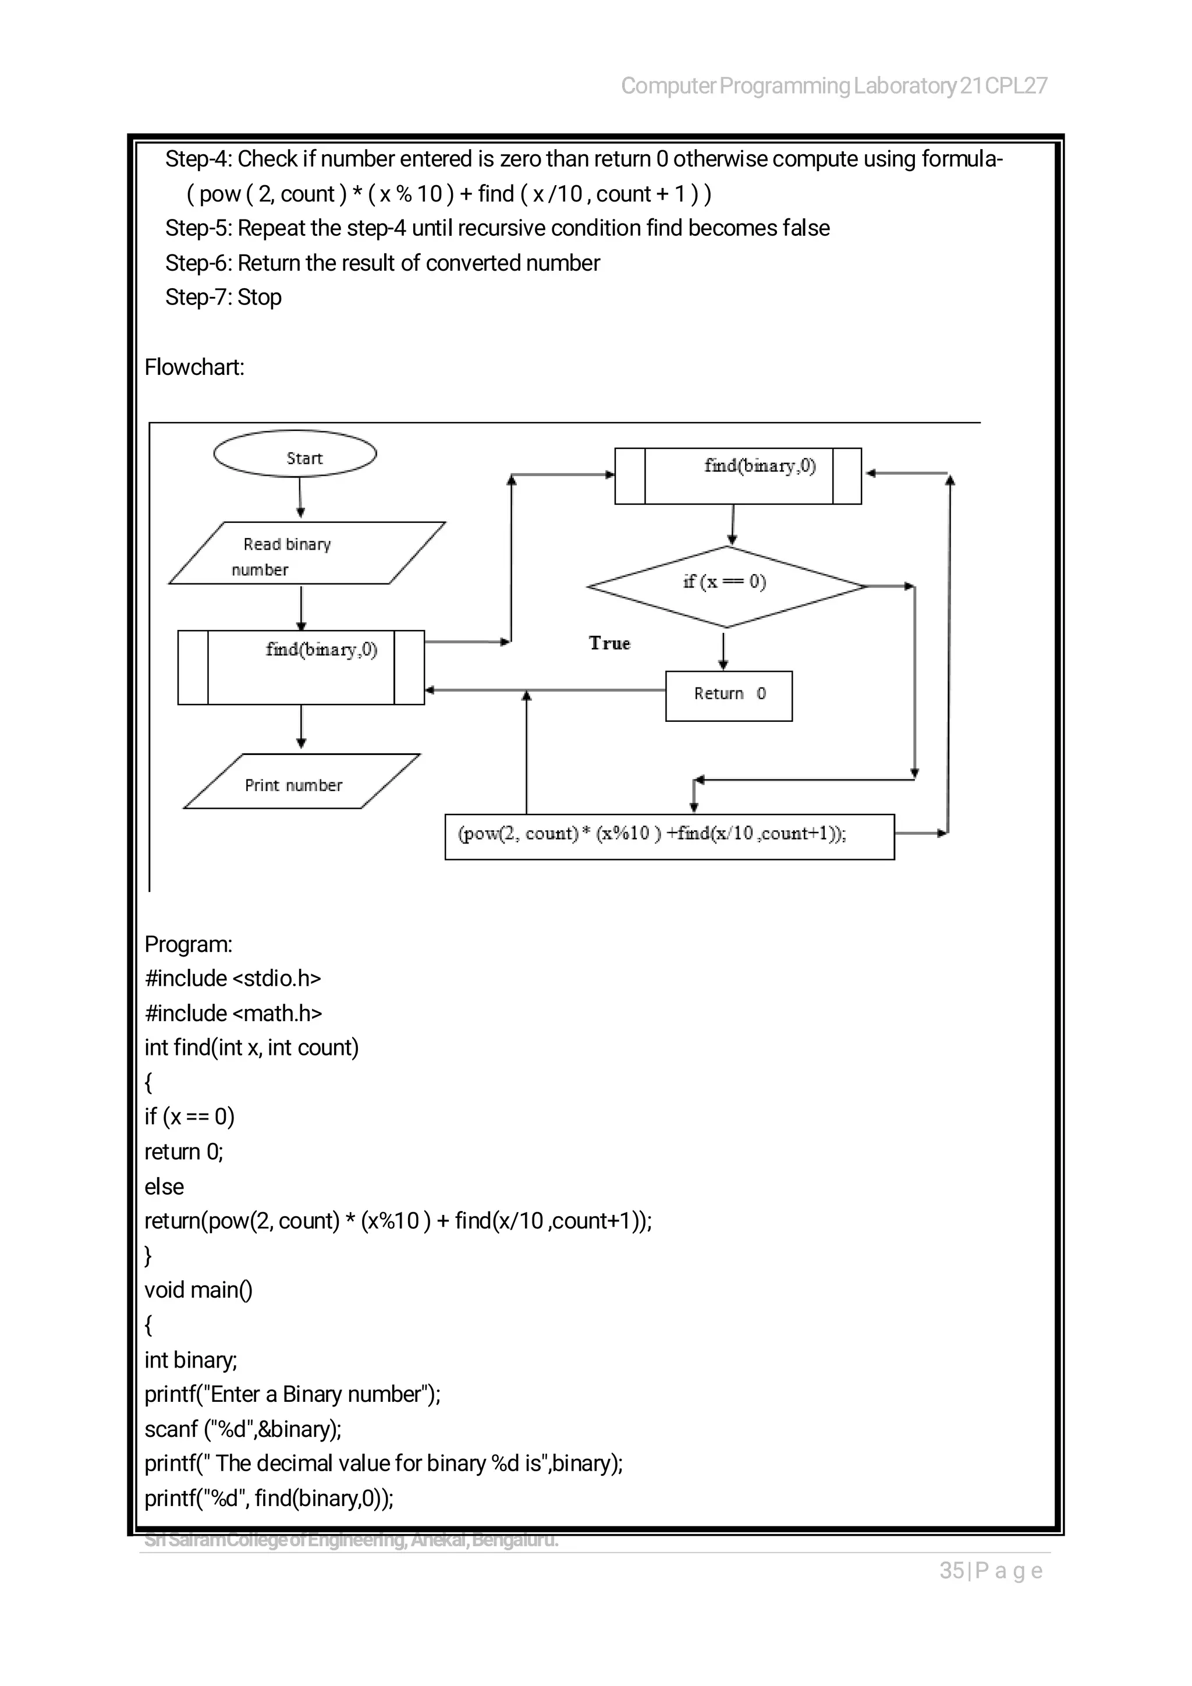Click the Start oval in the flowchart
click(x=295, y=454)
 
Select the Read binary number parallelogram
click(x=307, y=553)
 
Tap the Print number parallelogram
click(x=301, y=781)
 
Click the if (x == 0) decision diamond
click(x=726, y=586)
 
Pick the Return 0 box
click(x=728, y=695)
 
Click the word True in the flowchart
click(x=609, y=643)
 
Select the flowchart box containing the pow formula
click(x=669, y=837)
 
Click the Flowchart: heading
click(x=194, y=367)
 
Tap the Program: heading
click(x=189, y=944)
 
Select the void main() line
click(x=198, y=1290)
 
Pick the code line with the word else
click(x=164, y=1186)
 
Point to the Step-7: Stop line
click(x=223, y=297)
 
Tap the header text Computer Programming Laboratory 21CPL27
click(x=834, y=86)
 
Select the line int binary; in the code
click(x=191, y=1359)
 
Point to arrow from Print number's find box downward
click(x=301, y=727)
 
